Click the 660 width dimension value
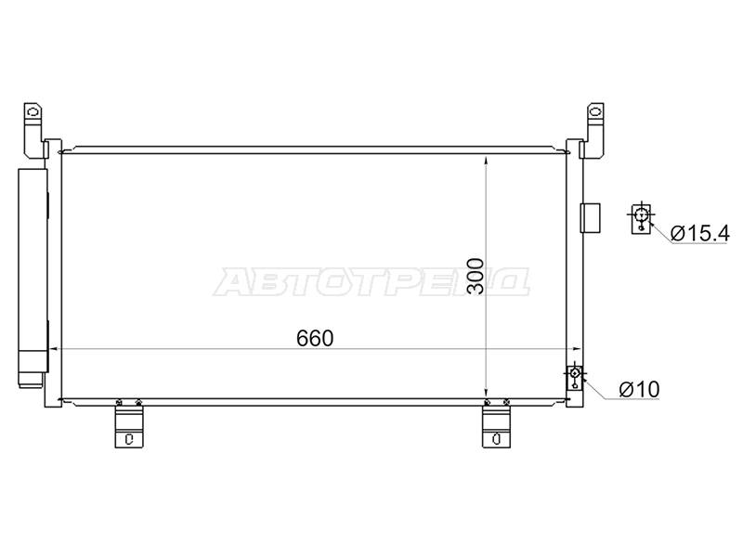click(315, 338)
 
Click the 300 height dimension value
click(476, 276)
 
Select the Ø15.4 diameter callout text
click(699, 233)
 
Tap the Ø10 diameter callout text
click(639, 389)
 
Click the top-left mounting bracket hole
click(33, 112)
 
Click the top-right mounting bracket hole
click(594, 112)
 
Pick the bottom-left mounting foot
click(129, 427)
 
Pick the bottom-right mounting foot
click(496, 427)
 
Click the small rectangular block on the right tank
click(591, 218)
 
